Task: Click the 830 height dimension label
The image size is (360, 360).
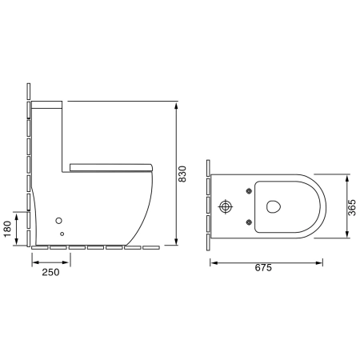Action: tap(182, 174)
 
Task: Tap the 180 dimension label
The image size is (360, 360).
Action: tap(7, 229)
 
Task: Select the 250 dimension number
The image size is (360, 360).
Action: tap(50, 272)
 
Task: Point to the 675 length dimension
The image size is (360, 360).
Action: tap(263, 267)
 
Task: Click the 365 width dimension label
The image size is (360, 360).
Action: tap(352, 207)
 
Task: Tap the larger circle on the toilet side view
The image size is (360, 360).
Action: tap(58, 221)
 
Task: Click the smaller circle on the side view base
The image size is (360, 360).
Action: tap(62, 234)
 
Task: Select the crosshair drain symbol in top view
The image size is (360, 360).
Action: tap(226, 206)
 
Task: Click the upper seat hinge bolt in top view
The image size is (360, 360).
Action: tap(249, 190)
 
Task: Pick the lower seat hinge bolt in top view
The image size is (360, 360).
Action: tap(249, 222)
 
